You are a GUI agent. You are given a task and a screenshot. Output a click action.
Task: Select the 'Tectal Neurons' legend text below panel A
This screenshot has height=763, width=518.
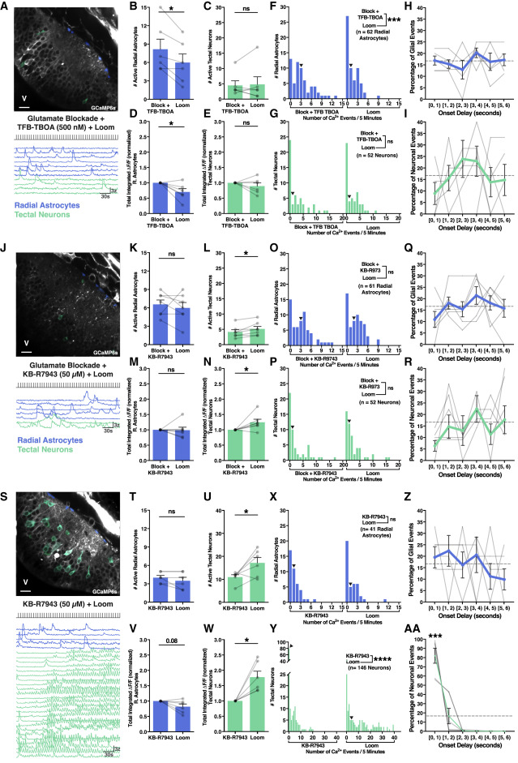click(53, 200)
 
